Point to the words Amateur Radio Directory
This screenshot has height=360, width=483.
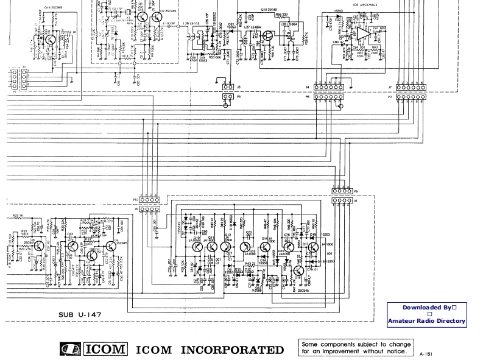pyautogui.click(x=426, y=321)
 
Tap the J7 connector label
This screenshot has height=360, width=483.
pyautogui.click(x=390, y=87)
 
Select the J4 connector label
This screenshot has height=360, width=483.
pyautogui.click(x=308, y=87)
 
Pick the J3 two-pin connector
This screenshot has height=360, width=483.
pyautogui.click(x=228, y=87)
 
